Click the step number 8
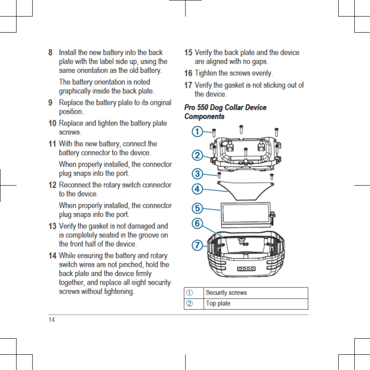click(x=50, y=53)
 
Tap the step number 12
click(x=53, y=185)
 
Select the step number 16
click(x=188, y=73)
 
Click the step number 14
click(x=53, y=256)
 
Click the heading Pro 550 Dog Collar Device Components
click(x=225, y=112)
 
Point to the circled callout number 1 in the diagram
click(x=196, y=131)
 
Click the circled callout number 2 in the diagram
click(x=196, y=155)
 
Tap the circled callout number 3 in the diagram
click(x=196, y=173)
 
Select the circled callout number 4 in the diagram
click(x=196, y=188)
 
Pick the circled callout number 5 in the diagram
click(x=196, y=208)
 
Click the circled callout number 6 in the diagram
click(x=196, y=223)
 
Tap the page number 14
click(x=52, y=320)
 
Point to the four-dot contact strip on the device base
click(x=246, y=269)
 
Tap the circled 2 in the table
click(x=190, y=304)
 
